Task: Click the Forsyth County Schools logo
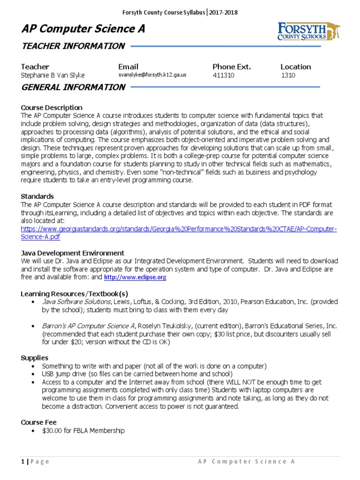tap(308, 31)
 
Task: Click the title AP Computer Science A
tap(83, 29)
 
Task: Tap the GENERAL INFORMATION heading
tap(73, 87)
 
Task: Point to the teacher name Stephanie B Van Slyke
tap(53, 75)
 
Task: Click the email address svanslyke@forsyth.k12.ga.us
tap(152, 75)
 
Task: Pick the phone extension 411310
tap(224, 75)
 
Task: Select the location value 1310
tap(288, 75)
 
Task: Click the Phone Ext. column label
tap(232, 67)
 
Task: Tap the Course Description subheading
tap(52, 107)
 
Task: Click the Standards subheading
tap(37, 196)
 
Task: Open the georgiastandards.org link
tap(179, 229)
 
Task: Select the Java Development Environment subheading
tap(73, 253)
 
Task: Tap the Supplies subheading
tap(34, 358)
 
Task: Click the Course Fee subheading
tap(38, 422)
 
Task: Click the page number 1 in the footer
tap(22, 462)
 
